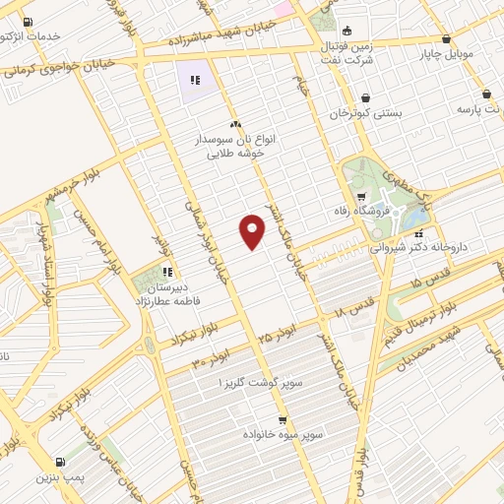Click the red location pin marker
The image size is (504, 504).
(253, 231)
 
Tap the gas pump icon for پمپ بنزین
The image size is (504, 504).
(61, 461)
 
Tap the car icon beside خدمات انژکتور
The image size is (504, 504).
(26, 23)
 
